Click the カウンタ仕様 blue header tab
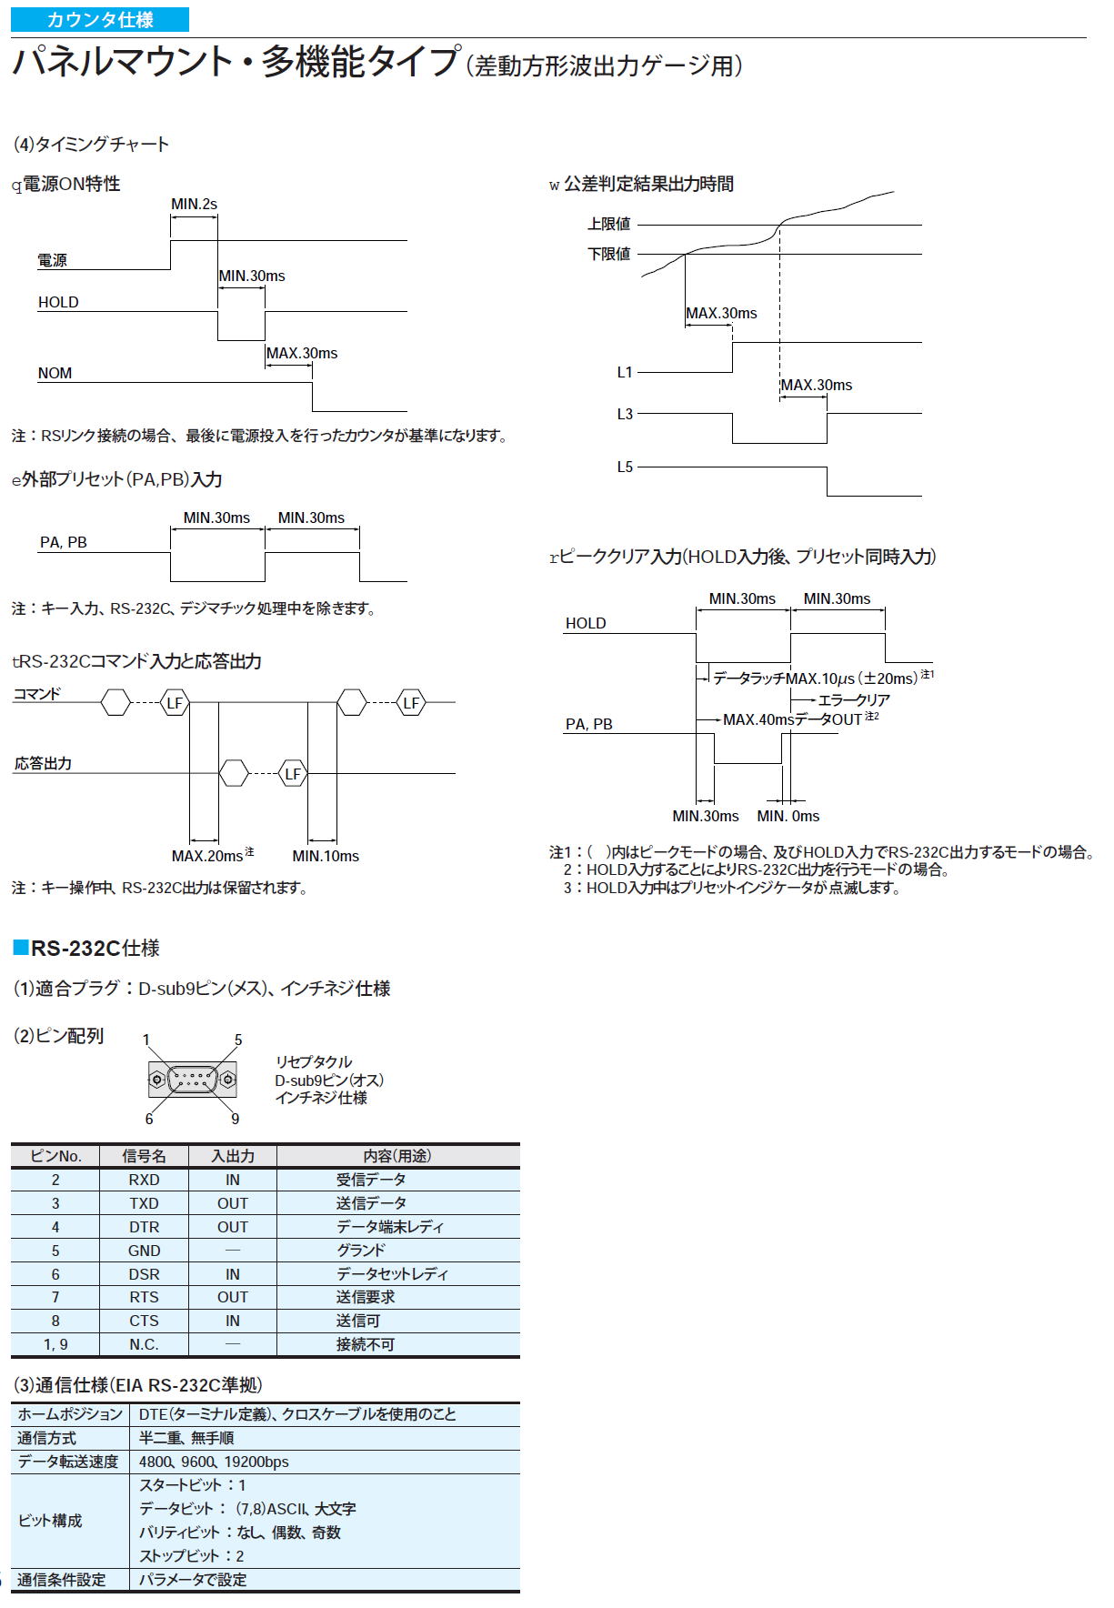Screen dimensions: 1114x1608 (100, 20)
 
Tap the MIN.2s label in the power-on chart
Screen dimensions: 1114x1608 (195, 205)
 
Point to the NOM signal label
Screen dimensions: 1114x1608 (55, 373)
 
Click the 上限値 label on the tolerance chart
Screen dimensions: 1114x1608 (608, 224)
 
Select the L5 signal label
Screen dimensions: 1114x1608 (625, 467)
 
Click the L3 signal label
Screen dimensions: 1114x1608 (625, 414)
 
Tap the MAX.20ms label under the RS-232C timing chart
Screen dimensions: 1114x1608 (207, 856)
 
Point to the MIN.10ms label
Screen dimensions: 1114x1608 (326, 856)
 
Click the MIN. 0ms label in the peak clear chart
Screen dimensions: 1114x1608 (788, 816)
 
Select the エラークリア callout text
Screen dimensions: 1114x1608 (854, 700)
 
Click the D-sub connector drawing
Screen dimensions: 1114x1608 (192, 1080)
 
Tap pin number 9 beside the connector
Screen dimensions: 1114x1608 (235, 1119)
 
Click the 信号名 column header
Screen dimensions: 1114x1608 (145, 1156)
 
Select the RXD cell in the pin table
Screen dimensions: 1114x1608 (144, 1180)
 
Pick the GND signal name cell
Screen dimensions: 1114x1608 (144, 1251)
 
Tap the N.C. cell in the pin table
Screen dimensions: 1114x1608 (144, 1344)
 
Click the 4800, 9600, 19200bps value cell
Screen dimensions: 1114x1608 (214, 1462)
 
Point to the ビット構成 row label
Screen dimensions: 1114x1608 (50, 1521)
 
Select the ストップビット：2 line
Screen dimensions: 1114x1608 (192, 1556)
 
